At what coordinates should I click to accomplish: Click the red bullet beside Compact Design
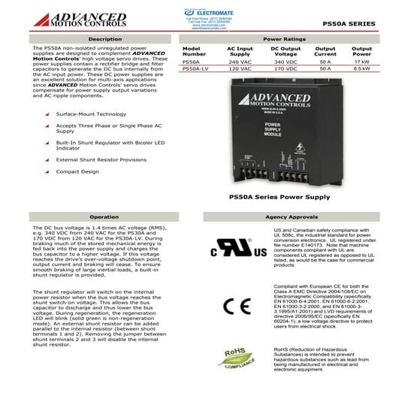pos(47,172)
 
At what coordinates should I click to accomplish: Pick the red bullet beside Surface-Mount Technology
pos(47,114)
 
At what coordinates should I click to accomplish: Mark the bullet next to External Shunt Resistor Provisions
pos(47,160)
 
